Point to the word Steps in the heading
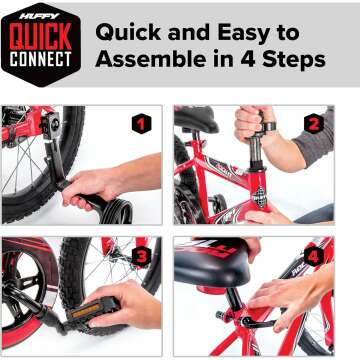[291, 60]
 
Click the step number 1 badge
[142, 124]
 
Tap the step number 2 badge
[313, 124]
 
